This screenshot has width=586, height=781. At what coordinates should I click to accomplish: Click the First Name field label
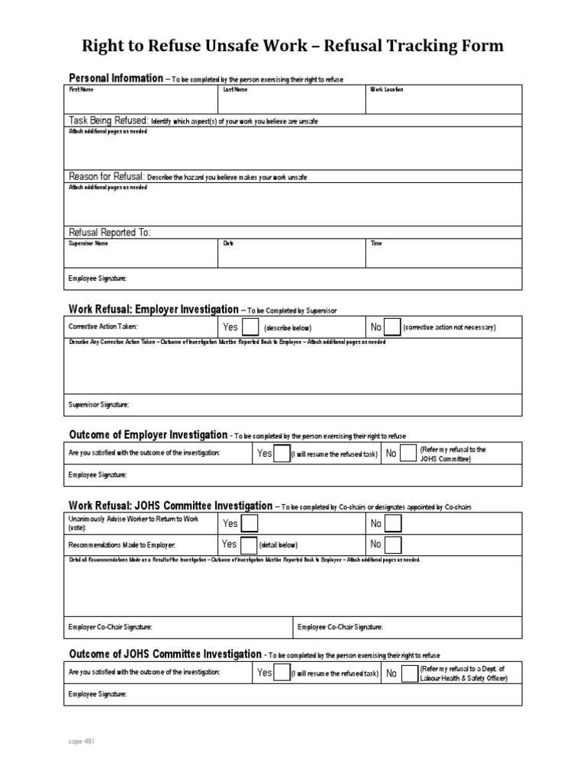point(81,89)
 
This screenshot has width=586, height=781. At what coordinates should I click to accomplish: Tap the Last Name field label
point(234,89)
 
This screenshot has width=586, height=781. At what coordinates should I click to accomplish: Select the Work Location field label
point(387,89)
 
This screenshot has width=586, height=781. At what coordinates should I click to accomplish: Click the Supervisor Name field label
point(89,243)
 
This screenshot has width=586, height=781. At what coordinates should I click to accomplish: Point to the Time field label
point(376,243)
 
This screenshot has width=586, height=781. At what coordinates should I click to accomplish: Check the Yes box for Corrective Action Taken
point(250,327)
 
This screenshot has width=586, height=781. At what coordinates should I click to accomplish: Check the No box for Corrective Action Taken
point(392,327)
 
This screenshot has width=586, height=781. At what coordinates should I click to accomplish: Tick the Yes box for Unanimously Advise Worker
point(250,524)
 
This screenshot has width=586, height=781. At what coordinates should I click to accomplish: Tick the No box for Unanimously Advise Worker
point(393,524)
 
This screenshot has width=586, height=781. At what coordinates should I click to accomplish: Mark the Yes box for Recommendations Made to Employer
point(248,545)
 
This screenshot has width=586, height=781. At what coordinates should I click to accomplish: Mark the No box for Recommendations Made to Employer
point(393,545)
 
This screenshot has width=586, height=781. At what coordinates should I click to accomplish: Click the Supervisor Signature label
point(98,404)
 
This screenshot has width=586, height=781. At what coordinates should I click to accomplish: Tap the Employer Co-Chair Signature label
point(110,627)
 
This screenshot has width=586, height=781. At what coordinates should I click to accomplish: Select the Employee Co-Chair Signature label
point(340,627)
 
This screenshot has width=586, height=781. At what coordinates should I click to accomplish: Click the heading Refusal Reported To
point(110,232)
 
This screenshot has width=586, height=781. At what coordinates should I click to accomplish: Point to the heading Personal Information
point(115,78)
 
